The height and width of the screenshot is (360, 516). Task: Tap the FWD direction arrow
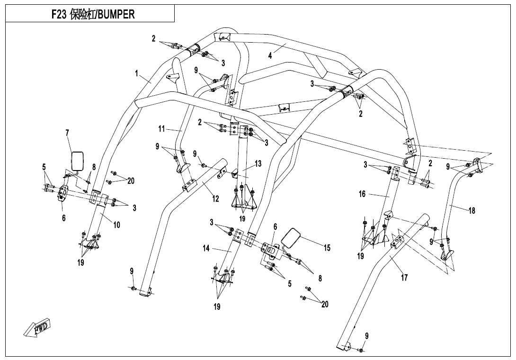pos(37,327)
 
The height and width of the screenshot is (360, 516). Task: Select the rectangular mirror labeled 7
pos(78,161)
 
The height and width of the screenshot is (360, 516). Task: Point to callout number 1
pos(137,73)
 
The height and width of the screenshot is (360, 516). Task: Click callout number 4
pos(270,55)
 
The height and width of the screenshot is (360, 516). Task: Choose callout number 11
pos(161,128)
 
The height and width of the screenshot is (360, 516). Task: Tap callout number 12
pos(215,198)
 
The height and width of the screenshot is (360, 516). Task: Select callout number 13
pos(258,163)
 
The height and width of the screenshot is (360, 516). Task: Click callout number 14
pos(206,248)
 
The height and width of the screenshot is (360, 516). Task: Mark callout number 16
pos(362,194)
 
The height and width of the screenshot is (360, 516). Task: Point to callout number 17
pos(404,278)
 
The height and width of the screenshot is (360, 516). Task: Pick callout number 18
pos(472,210)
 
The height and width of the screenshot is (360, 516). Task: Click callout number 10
pos(117,225)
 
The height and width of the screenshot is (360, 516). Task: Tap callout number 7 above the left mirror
pos(67,133)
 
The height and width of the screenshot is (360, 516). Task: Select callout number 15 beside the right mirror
pos(327,248)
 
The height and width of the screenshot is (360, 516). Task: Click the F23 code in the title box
pos(59,15)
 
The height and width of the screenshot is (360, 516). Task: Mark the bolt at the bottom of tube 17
pos(361,350)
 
